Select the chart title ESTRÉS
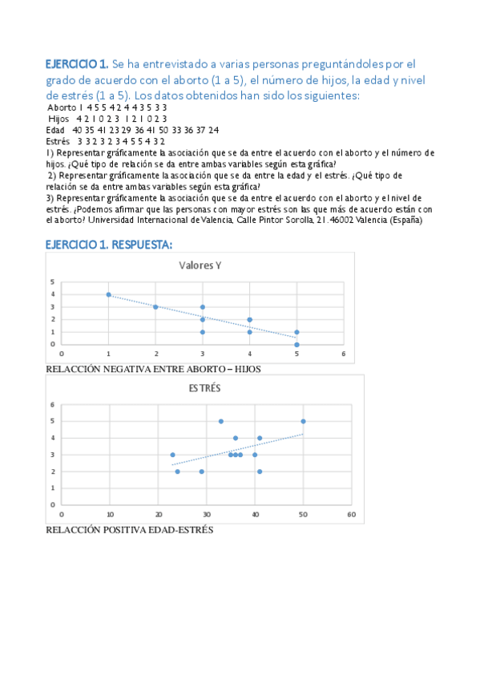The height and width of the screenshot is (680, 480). (x=204, y=388)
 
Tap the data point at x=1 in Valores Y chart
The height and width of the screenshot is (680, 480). (x=108, y=294)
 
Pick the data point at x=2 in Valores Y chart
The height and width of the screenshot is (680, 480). (x=155, y=307)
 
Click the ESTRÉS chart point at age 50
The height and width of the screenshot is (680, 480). (x=303, y=421)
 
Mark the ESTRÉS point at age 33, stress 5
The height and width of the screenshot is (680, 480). (x=220, y=421)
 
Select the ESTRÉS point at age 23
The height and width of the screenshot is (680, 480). (x=172, y=455)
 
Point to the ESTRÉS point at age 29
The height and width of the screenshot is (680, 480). (x=201, y=472)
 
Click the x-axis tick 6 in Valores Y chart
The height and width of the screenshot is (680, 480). (x=343, y=353)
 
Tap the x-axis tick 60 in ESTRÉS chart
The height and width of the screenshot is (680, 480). (x=350, y=514)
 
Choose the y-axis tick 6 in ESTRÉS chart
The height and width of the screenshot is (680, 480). (x=52, y=404)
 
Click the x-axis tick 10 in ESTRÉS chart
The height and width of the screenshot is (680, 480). (x=110, y=514)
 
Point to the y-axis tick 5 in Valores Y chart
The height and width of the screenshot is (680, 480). (x=52, y=281)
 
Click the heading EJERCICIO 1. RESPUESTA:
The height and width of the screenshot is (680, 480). (x=108, y=244)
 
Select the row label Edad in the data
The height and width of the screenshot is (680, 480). (x=55, y=129)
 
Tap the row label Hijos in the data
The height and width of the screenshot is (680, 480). (x=59, y=118)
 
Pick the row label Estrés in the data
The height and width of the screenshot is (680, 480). (x=58, y=140)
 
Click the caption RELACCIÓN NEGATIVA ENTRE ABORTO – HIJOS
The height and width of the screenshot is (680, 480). (x=154, y=369)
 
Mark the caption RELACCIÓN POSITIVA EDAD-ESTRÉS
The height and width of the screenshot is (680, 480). (x=130, y=530)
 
